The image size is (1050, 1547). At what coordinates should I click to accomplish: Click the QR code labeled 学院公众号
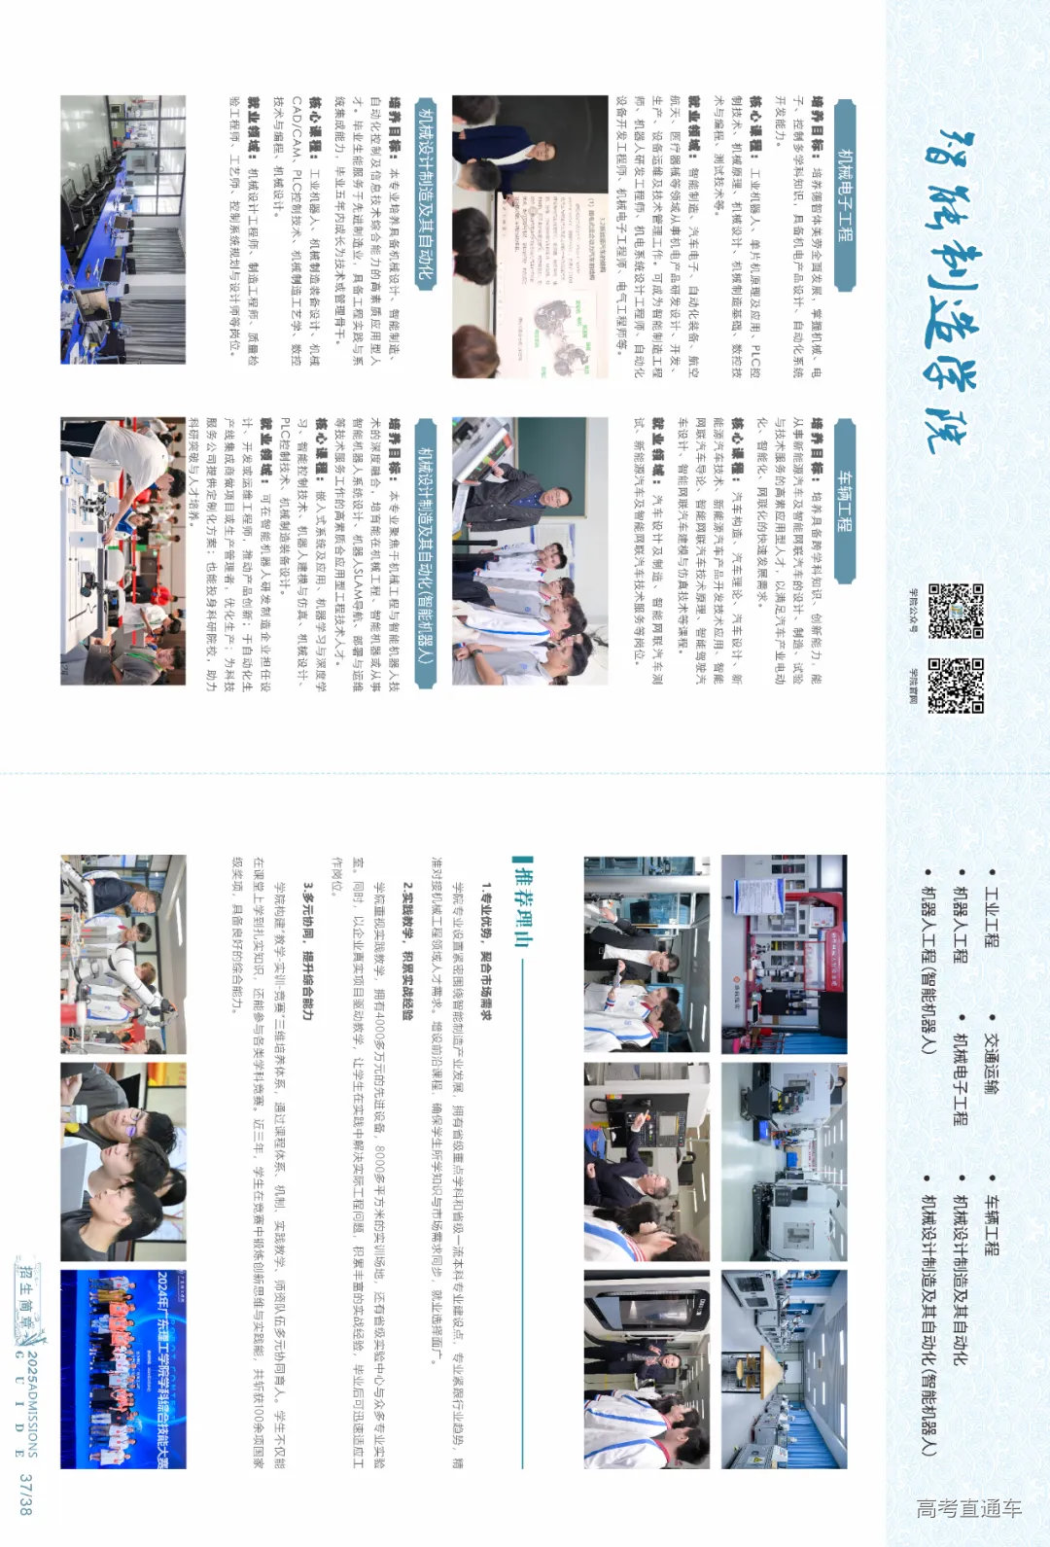click(x=956, y=610)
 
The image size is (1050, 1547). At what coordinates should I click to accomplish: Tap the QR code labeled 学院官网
click(x=956, y=686)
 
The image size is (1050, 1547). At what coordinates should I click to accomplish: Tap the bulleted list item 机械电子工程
click(x=961, y=1078)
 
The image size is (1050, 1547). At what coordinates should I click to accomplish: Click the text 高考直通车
click(x=968, y=1508)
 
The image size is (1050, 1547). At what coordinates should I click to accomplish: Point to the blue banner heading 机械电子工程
click(x=845, y=194)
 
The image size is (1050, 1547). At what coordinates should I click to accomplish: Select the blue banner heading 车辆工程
click(x=845, y=501)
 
